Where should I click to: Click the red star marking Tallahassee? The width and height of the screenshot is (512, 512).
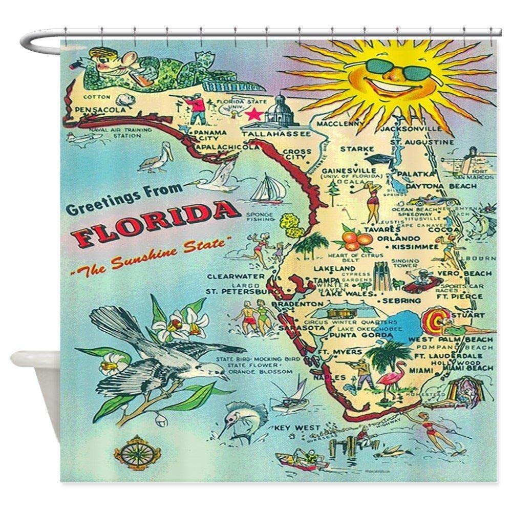click(x=252, y=114)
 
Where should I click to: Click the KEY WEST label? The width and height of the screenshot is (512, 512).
click(x=291, y=427)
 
